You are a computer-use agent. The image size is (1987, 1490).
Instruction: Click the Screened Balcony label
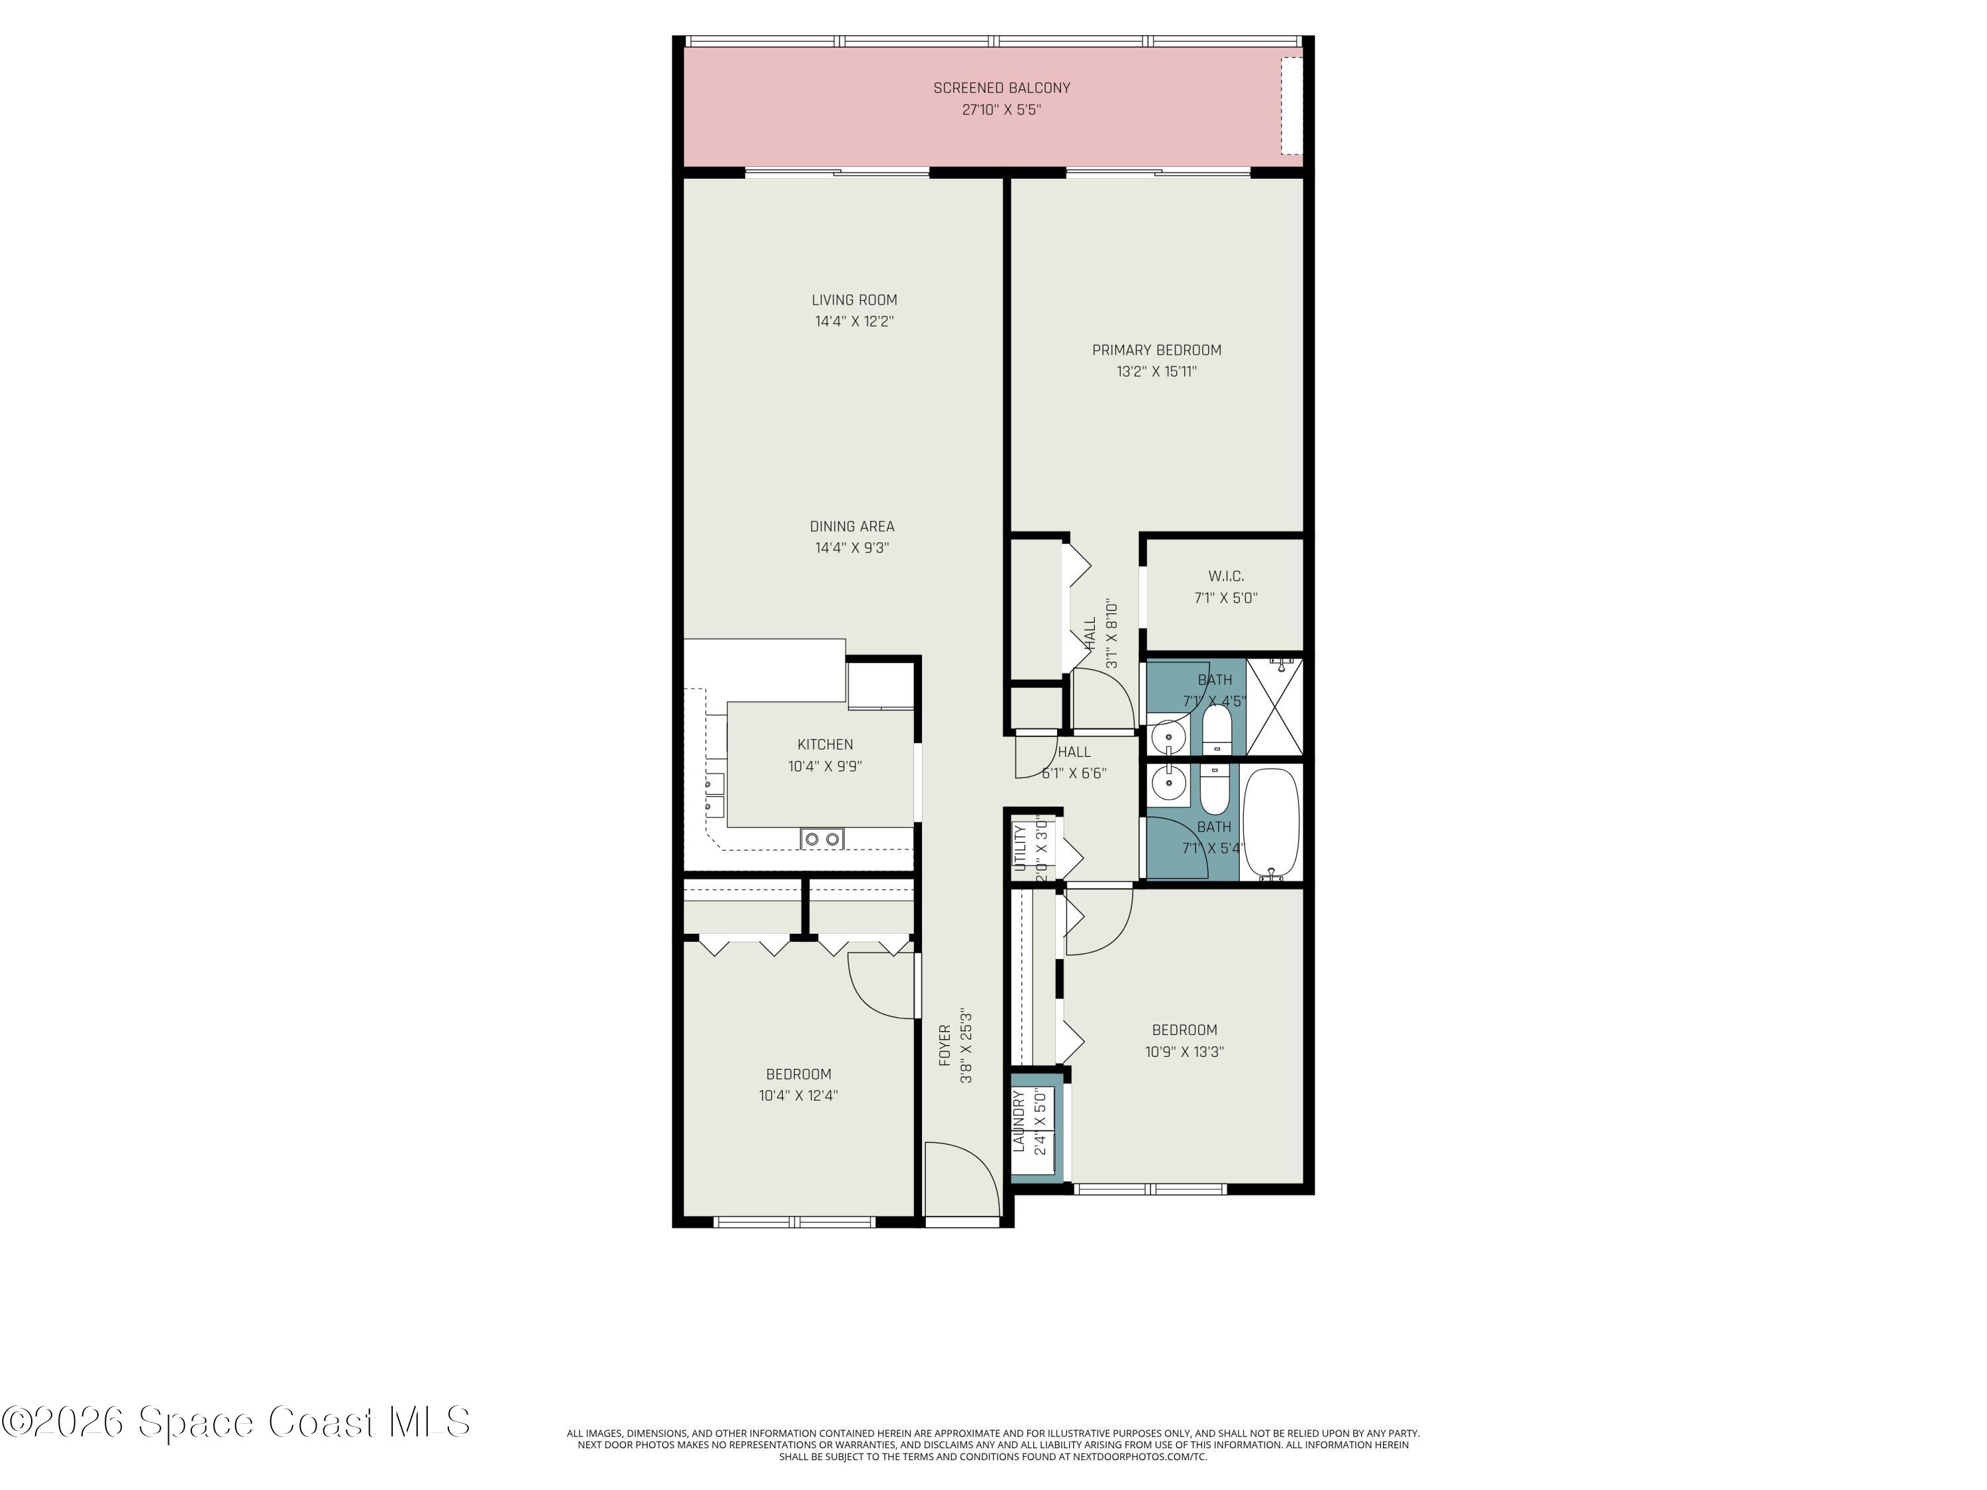[x=1001, y=88]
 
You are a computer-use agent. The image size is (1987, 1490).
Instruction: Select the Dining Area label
[x=852, y=526]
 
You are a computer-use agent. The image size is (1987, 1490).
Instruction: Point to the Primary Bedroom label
[x=1156, y=350]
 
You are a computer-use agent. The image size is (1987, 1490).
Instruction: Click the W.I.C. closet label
[x=1226, y=575]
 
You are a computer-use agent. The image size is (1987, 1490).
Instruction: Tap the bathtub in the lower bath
[x=1271, y=822]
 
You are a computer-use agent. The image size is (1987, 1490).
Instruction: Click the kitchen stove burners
[x=822, y=839]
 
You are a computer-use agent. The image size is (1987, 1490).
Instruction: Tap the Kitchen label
[x=825, y=744]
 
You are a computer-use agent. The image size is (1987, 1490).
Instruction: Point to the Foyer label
[x=945, y=1046]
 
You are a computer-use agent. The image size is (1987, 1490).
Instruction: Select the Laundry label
[x=1019, y=1121]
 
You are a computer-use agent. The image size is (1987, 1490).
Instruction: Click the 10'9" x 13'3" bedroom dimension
[x=1184, y=1052]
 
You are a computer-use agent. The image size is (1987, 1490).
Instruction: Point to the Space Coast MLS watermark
[x=235, y=1422]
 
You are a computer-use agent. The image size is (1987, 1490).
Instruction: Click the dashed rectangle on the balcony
[x=1291, y=105]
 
